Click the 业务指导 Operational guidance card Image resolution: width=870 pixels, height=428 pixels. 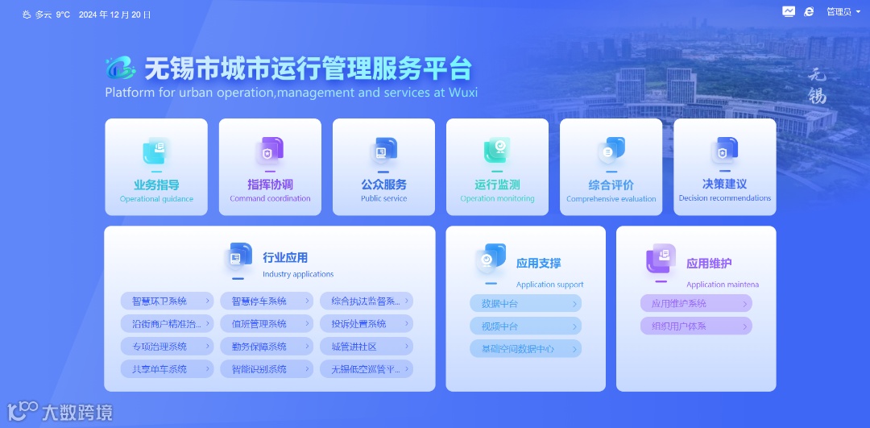(x=156, y=167)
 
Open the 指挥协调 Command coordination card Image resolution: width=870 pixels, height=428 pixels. (x=270, y=167)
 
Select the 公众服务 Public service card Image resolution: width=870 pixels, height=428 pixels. (x=383, y=167)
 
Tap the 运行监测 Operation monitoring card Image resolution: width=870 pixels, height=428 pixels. (x=497, y=167)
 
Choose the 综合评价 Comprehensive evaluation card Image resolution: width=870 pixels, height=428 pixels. (x=611, y=167)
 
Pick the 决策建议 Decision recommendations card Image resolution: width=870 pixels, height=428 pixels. (x=724, y=167)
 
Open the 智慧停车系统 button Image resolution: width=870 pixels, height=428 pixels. (x=267, y=301)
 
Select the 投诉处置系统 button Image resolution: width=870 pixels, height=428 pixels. (x=367, y=324)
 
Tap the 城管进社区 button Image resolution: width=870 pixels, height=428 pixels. (x=367, y=347)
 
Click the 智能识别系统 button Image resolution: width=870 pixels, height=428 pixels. (x=267, y=369)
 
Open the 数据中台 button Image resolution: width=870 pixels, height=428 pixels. (x=525, y=304)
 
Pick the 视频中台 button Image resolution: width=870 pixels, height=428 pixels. (x=525, y=326)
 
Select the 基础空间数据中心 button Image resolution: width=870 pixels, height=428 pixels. (x=525, y=349)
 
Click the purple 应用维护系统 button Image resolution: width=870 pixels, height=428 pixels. (x=696, y=304)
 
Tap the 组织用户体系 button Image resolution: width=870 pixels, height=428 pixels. (x=696, y=326)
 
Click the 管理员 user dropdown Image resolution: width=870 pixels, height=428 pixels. (x=843, y=12)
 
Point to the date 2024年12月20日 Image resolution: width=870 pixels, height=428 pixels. (x=114, y=15)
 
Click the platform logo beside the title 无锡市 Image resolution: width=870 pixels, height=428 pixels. (x=120, y=69)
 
